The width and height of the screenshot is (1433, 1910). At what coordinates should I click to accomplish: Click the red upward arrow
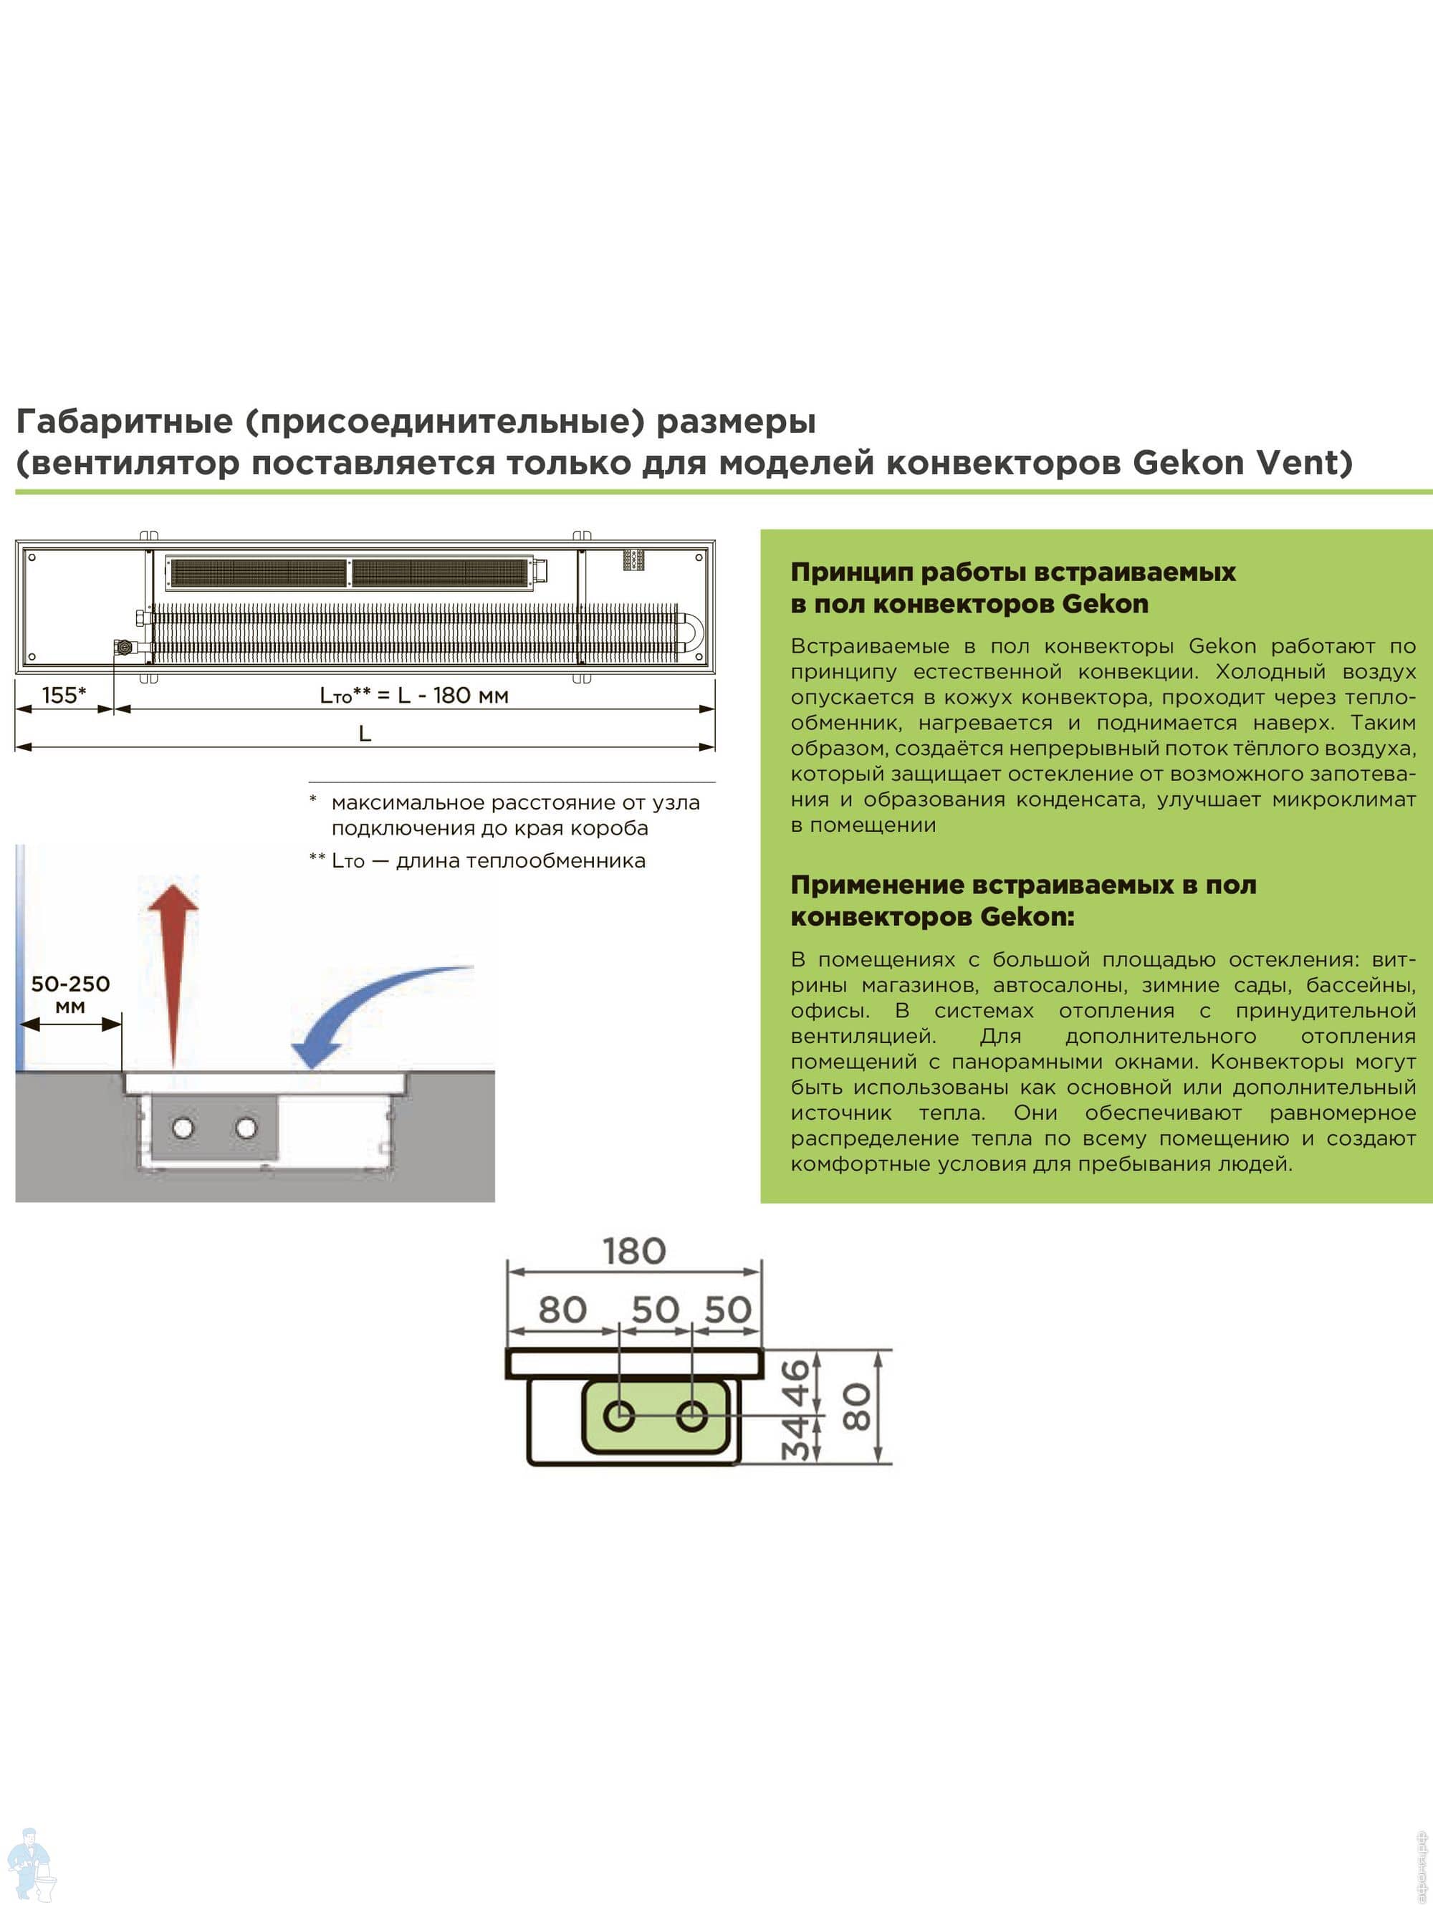point(173,975)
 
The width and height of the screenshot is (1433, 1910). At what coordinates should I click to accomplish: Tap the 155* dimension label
point(64,695)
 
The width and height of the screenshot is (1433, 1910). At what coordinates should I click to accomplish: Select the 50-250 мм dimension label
point(70,994)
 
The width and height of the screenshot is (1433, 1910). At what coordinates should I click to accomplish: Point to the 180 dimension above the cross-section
point(634,1251)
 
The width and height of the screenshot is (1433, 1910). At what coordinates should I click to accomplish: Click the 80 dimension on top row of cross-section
point(562,1310)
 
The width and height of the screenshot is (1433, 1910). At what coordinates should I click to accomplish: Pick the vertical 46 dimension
point(797,1383)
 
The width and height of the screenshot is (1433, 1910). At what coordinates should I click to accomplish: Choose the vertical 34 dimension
point(797,1438)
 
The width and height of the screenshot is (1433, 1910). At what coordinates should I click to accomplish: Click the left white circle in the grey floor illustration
point(183,1128)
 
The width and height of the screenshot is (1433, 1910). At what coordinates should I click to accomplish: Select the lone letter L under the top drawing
point(365,734)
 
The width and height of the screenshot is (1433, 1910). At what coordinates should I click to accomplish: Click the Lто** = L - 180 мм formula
point(413,695)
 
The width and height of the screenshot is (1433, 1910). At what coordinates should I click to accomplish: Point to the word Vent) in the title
point(1303,463)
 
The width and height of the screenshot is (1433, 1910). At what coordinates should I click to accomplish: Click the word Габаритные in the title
point(125,421)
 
